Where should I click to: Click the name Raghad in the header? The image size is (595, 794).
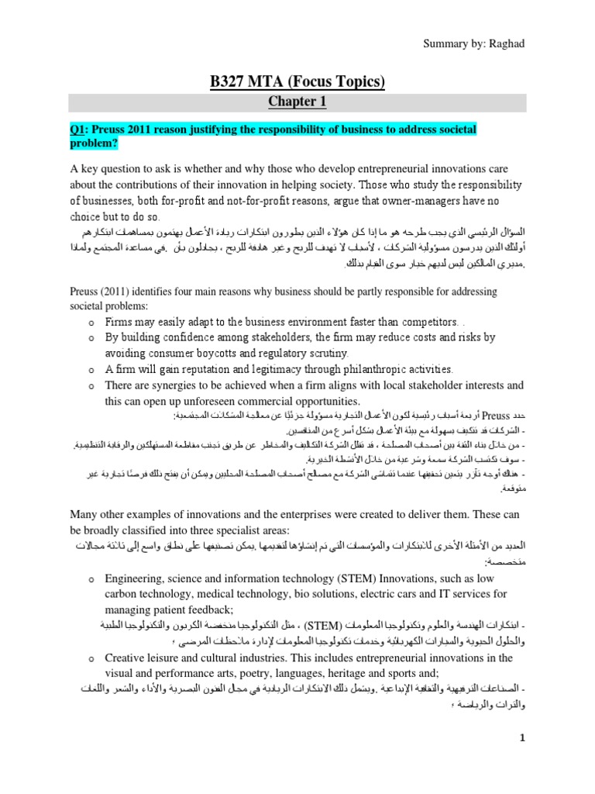507,43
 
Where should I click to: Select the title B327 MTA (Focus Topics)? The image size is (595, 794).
297,81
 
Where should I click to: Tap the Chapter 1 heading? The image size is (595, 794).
297,102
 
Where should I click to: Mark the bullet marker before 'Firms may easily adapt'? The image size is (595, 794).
91,323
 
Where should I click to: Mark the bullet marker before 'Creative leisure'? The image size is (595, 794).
91,637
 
